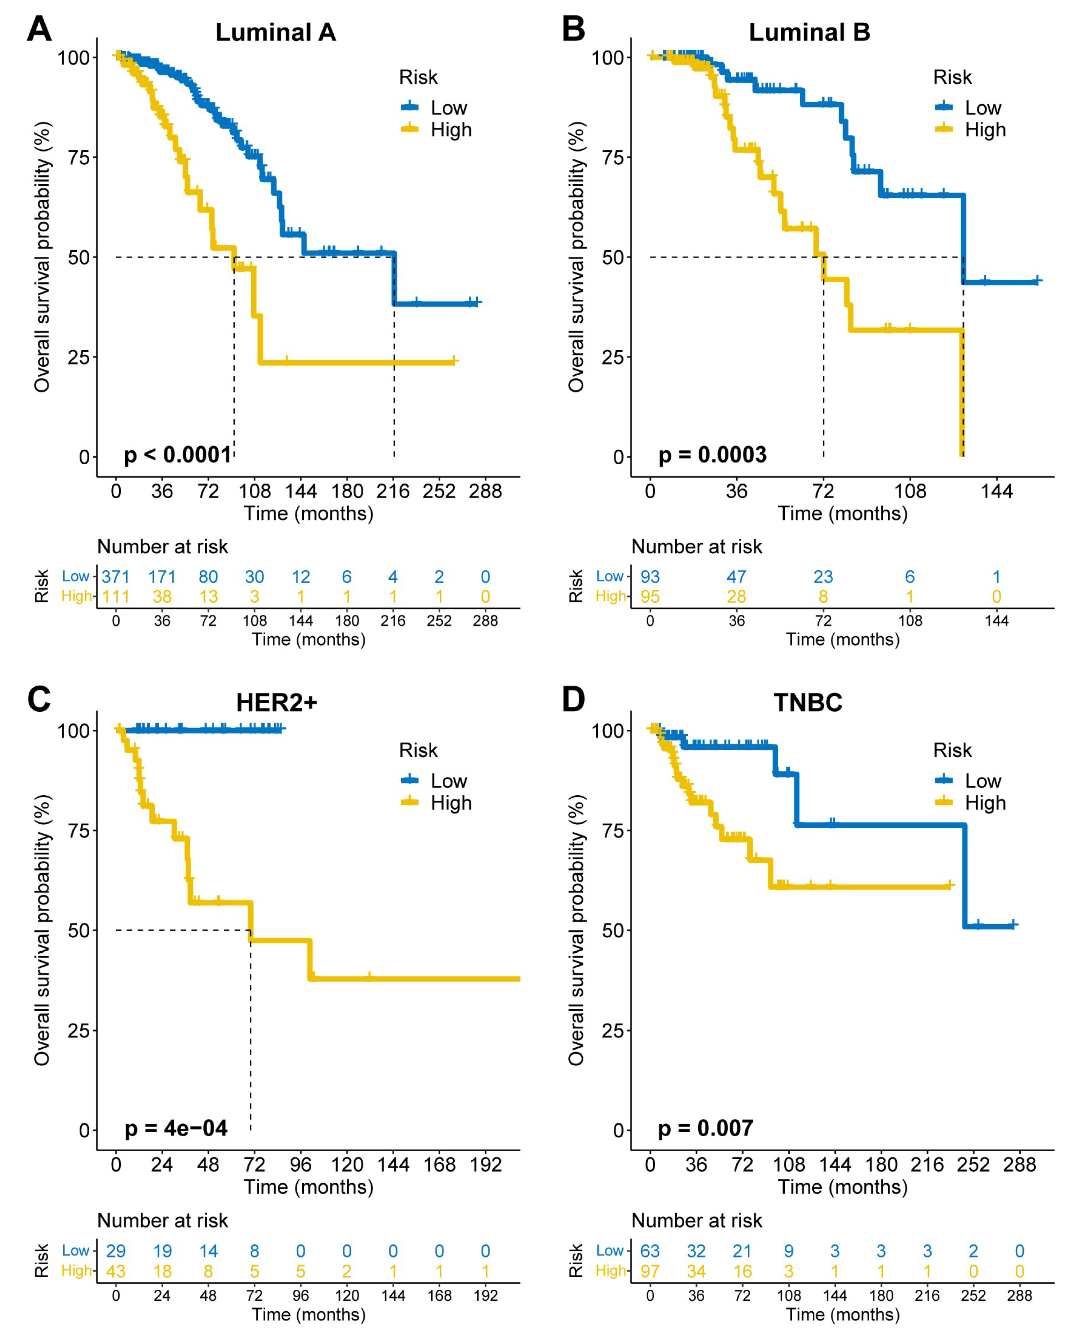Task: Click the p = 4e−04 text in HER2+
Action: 176,1128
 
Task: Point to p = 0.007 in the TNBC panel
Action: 705,1128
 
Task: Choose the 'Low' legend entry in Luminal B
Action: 982,107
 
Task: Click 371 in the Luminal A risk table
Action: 116,577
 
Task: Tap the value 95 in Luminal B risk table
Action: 650,597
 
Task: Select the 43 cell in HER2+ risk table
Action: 116,1271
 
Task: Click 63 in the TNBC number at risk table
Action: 650,1251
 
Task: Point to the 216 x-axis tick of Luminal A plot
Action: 393,492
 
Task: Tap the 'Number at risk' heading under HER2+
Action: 162,1220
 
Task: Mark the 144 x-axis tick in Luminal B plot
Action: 997,492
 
